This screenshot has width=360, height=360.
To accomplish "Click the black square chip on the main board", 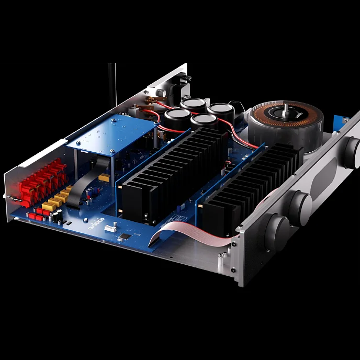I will pyautogui.click(x=124, y=238).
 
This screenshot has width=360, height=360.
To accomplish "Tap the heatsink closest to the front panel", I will pyautogui.click(x=251, y=188).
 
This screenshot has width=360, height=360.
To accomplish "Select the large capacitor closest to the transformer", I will pyautogui.click(x=220, y=110).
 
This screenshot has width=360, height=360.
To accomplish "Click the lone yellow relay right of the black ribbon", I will pyautogui.click(x=104, y=178).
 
